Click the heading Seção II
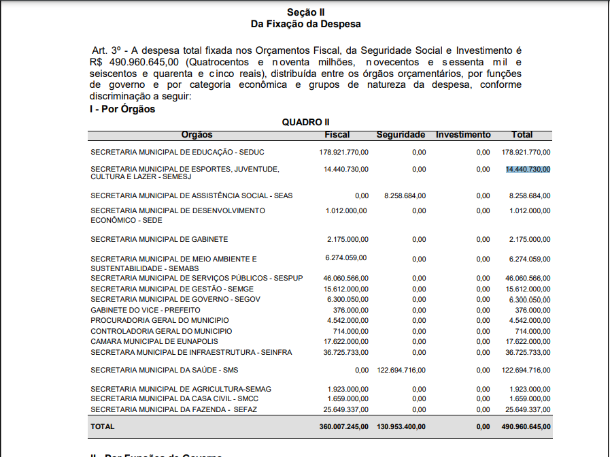tap(305, 12)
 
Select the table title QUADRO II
tap(305, 122)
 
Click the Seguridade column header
tap(401, 135)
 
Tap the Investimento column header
tap(462, 135)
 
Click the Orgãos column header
tap(197, 135)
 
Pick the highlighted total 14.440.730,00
tap(528, 169)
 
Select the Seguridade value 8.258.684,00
tap(405, 195)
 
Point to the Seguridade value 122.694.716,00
tap(401, 370)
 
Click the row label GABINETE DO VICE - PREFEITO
tap(145, 310)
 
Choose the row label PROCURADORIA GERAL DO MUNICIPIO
tap(159, 320)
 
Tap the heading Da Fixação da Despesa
tap(305, 24)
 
